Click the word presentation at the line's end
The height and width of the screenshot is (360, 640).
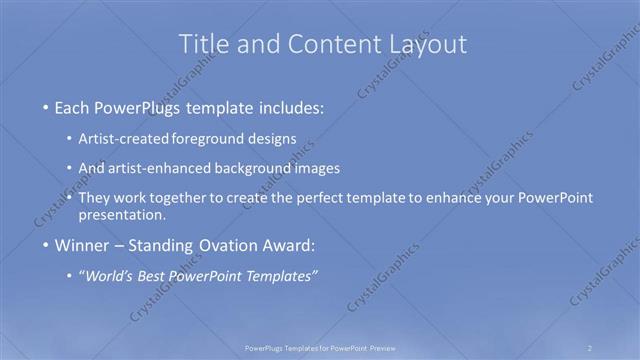[x=128, y=214]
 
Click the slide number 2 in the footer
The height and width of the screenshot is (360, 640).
[x=590, y=348]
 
